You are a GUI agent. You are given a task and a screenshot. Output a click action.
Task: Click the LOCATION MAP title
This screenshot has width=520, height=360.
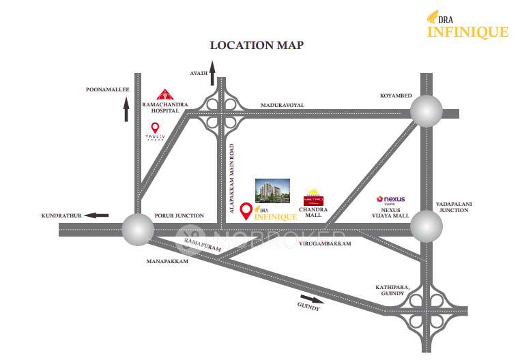click(256, 45)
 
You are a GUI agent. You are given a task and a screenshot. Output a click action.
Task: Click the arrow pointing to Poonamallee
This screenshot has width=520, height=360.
click(126, 109)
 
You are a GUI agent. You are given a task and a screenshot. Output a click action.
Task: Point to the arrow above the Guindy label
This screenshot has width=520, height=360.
click(311, 299)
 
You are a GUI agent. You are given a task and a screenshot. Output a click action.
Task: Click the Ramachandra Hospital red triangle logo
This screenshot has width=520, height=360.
click(164, 94)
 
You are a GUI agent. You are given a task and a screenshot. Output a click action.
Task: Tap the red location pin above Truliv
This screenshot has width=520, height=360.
click(155, 127)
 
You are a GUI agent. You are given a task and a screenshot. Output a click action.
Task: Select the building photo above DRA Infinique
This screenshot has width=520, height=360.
click(272, 190)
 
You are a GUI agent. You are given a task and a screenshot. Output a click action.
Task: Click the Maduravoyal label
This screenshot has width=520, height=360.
click(282, 105)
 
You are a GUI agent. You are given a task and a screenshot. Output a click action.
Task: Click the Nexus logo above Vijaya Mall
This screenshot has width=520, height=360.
click(391, 200)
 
